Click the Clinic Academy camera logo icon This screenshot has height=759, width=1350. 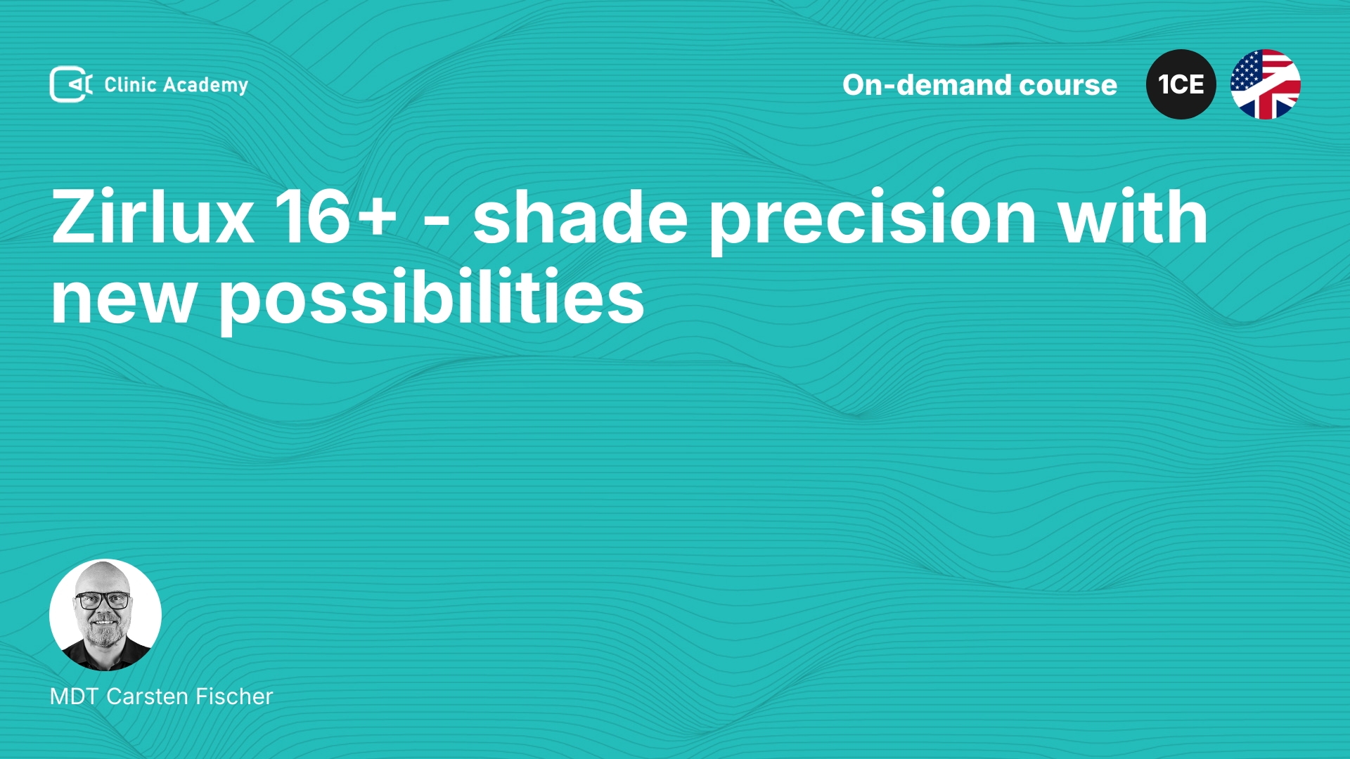pos(71,84)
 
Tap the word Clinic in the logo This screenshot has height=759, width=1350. pos(130,84)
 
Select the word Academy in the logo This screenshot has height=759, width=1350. pos(205,86)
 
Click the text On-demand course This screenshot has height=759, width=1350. pos(979,85)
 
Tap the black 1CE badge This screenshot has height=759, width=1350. pos(1181,84)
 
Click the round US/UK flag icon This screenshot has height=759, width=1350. pos(1266,84)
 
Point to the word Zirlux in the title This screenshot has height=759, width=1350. pos(153,217)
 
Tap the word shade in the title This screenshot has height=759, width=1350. pos(580,217)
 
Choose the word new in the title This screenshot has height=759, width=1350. pos(123,300)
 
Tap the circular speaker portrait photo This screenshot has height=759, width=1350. pos(105,615)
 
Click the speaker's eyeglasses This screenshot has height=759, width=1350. pos(103,601)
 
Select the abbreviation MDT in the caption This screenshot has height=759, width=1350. pos(75,696)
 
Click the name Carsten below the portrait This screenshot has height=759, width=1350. pos(148,696)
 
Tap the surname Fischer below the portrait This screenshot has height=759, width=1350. pos(234,696)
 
